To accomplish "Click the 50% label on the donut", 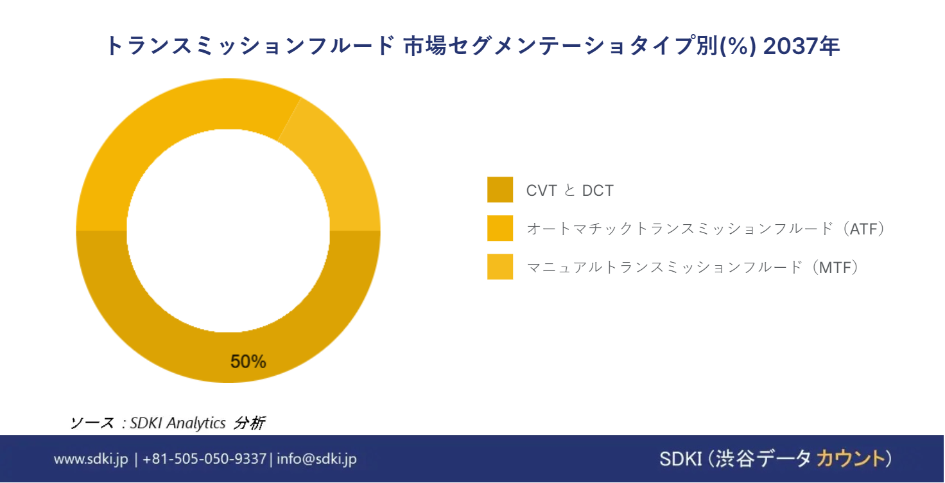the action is tap(248, 362).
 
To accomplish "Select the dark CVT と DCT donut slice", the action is tap(228, 357).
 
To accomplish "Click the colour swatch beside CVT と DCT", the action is tap(500, 189).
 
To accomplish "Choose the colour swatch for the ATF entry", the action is tap(500, 228).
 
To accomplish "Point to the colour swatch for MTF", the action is tap(500, 267).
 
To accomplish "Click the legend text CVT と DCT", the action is tap(570, 190).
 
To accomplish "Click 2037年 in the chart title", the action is tap(802, 46).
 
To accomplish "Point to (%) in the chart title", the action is tap(738, 46).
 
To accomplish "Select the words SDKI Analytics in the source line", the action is tap(178, 423).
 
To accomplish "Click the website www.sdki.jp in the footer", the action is tap(91, 459).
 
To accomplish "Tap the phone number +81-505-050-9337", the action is tap(205, 459).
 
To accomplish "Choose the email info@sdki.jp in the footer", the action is tap(317, 459).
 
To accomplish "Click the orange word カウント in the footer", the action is tap(851, 459).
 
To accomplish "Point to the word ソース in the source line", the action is tap(92, 423).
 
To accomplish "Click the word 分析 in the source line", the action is tap(249, 423).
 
